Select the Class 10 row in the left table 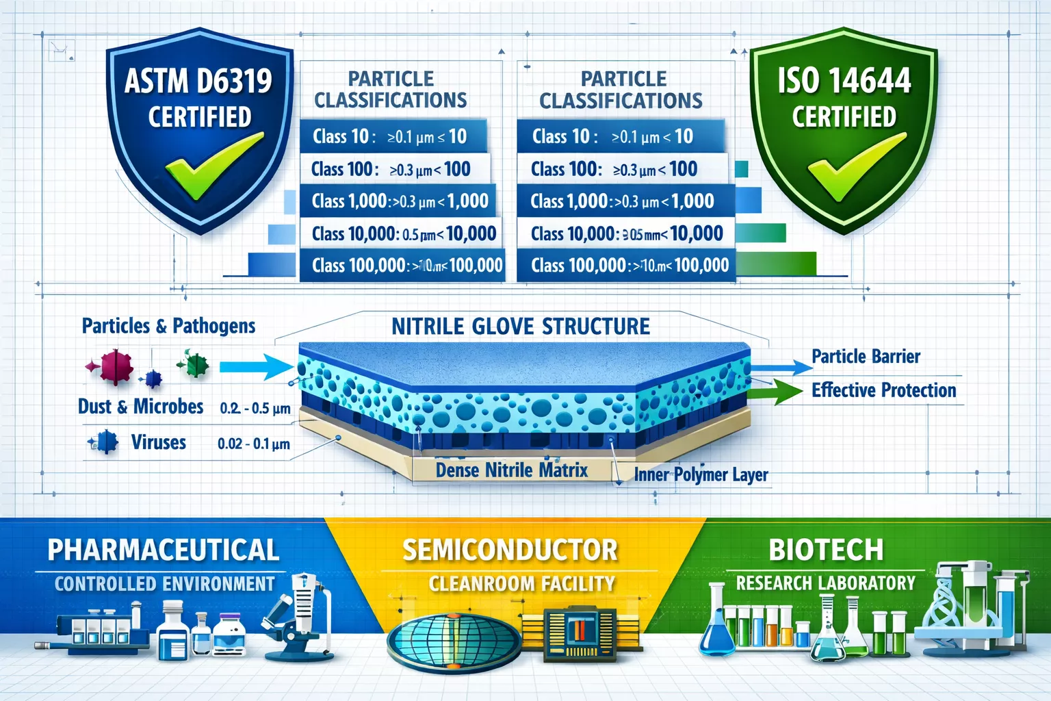click(x=393, y=136)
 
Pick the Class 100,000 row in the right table click(x=625, y=266)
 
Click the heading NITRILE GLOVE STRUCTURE click(x=521, y=327)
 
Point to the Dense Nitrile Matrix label click(x=512, y=470)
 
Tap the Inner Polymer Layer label click(x=701, y=474)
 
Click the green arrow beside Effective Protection click(x=777, y=391)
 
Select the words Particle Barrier click(x=866, y=357)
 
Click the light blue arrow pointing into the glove click(x=257, y=368)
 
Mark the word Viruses click(x=158, y=442)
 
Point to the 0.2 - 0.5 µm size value click(x=255, y=409)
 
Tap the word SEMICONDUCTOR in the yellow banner click(x=510, y=550)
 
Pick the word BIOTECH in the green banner click(x=826, y=550)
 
